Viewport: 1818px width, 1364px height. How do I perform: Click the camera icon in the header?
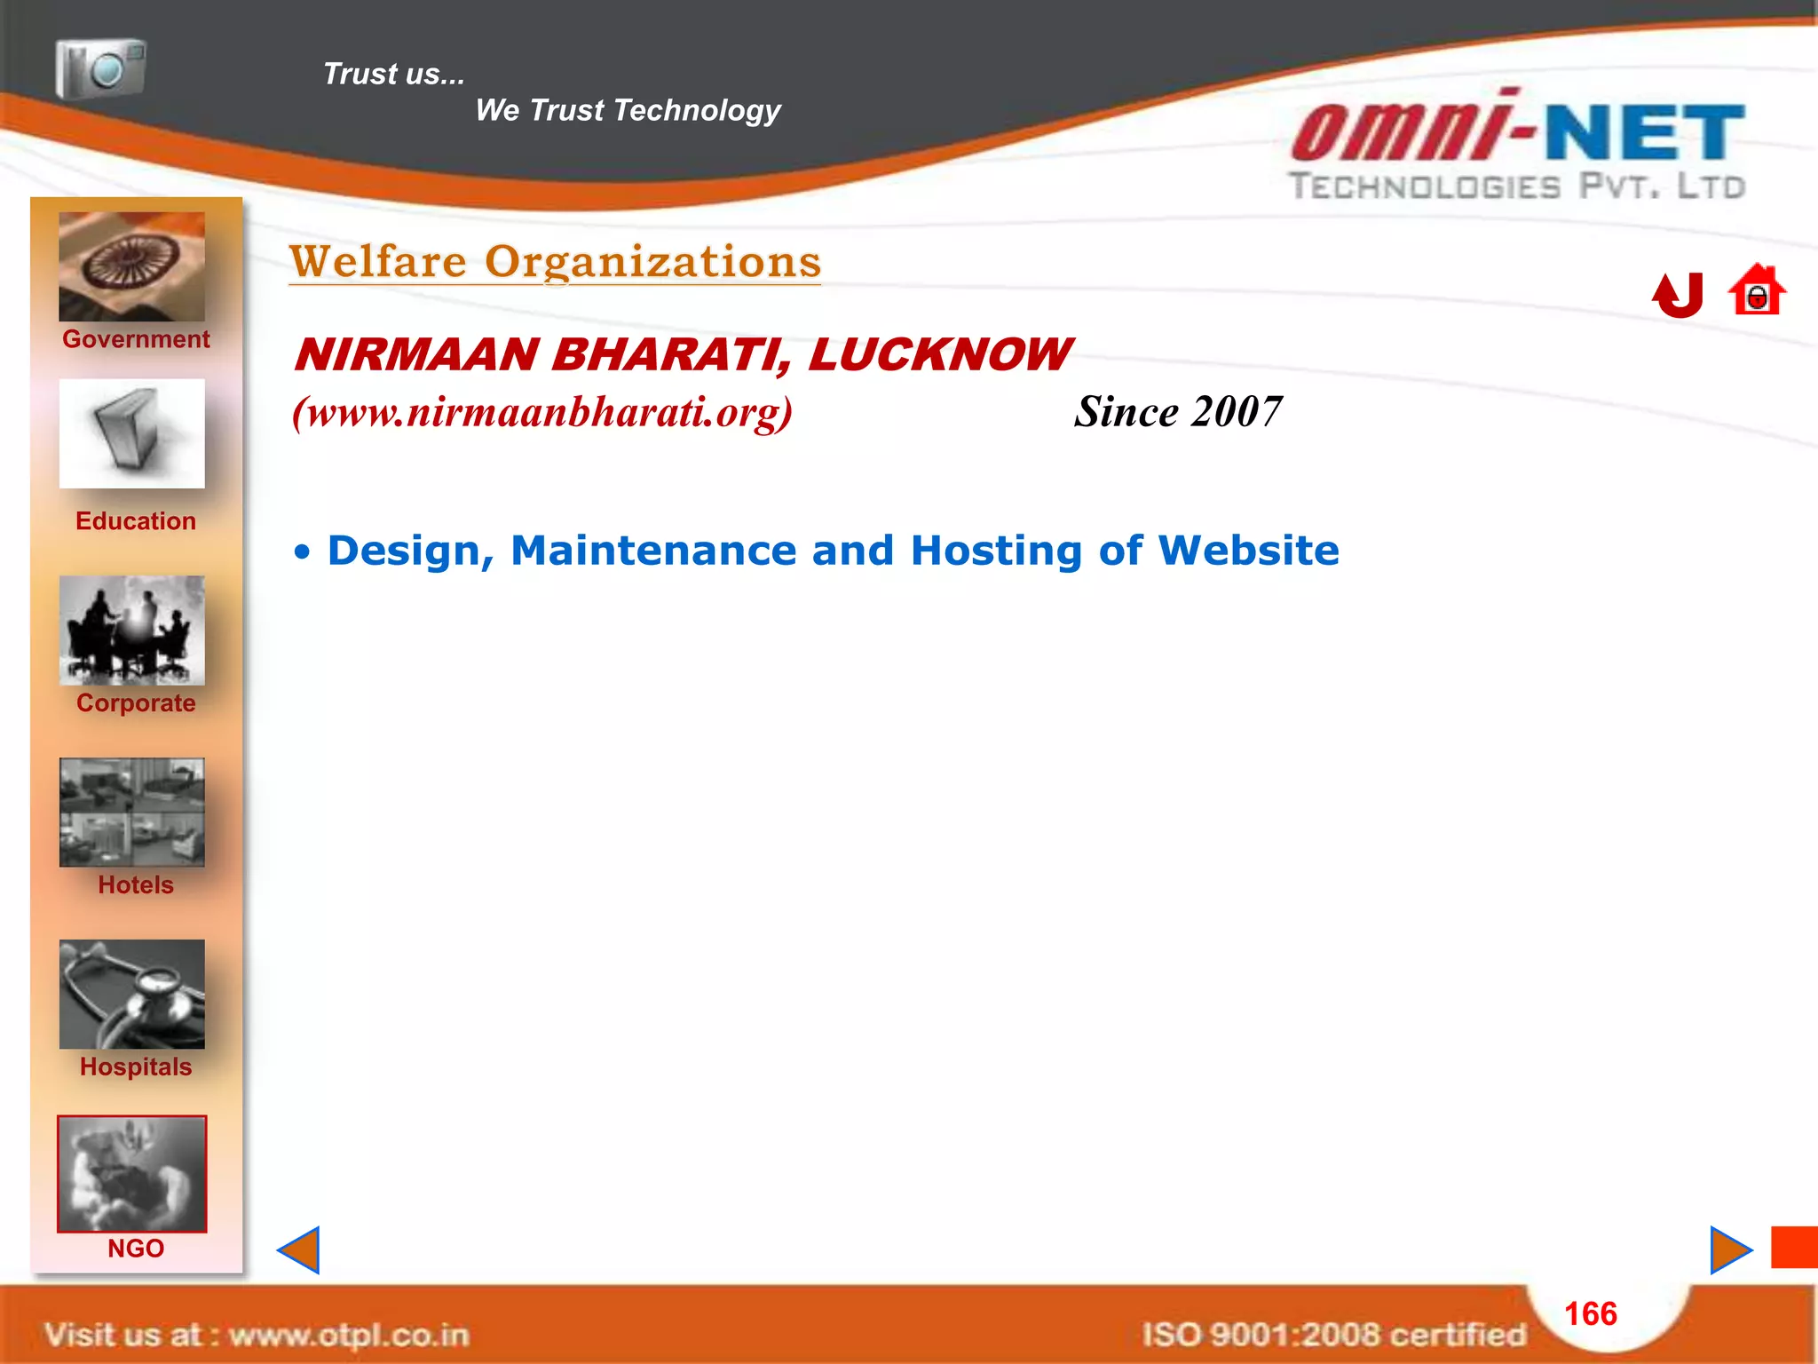point(100,67)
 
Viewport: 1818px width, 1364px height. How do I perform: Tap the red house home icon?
point(1756,290)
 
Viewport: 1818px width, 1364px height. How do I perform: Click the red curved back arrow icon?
point(1678,294)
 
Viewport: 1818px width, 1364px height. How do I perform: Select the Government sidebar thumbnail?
point(131,266)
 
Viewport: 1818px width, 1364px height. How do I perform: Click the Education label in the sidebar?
point(136,521)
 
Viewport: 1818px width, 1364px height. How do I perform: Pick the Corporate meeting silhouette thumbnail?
point(131,630)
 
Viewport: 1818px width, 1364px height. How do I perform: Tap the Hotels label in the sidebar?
point(136,885)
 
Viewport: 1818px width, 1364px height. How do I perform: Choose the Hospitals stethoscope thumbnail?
point(131,994)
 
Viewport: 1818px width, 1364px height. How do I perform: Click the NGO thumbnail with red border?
point(131,1174)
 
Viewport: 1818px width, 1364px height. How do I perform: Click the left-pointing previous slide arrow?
point(299,1250)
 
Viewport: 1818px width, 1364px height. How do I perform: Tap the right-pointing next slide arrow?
point(1730,1250)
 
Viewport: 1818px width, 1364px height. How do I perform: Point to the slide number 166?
point(1590,1313)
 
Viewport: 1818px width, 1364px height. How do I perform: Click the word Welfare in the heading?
point(378,262)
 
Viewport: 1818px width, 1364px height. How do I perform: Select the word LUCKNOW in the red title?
point(939,354)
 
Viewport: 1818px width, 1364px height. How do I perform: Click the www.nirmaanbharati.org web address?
point(542,412)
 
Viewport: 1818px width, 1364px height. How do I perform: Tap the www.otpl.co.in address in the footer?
point(349,1335)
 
